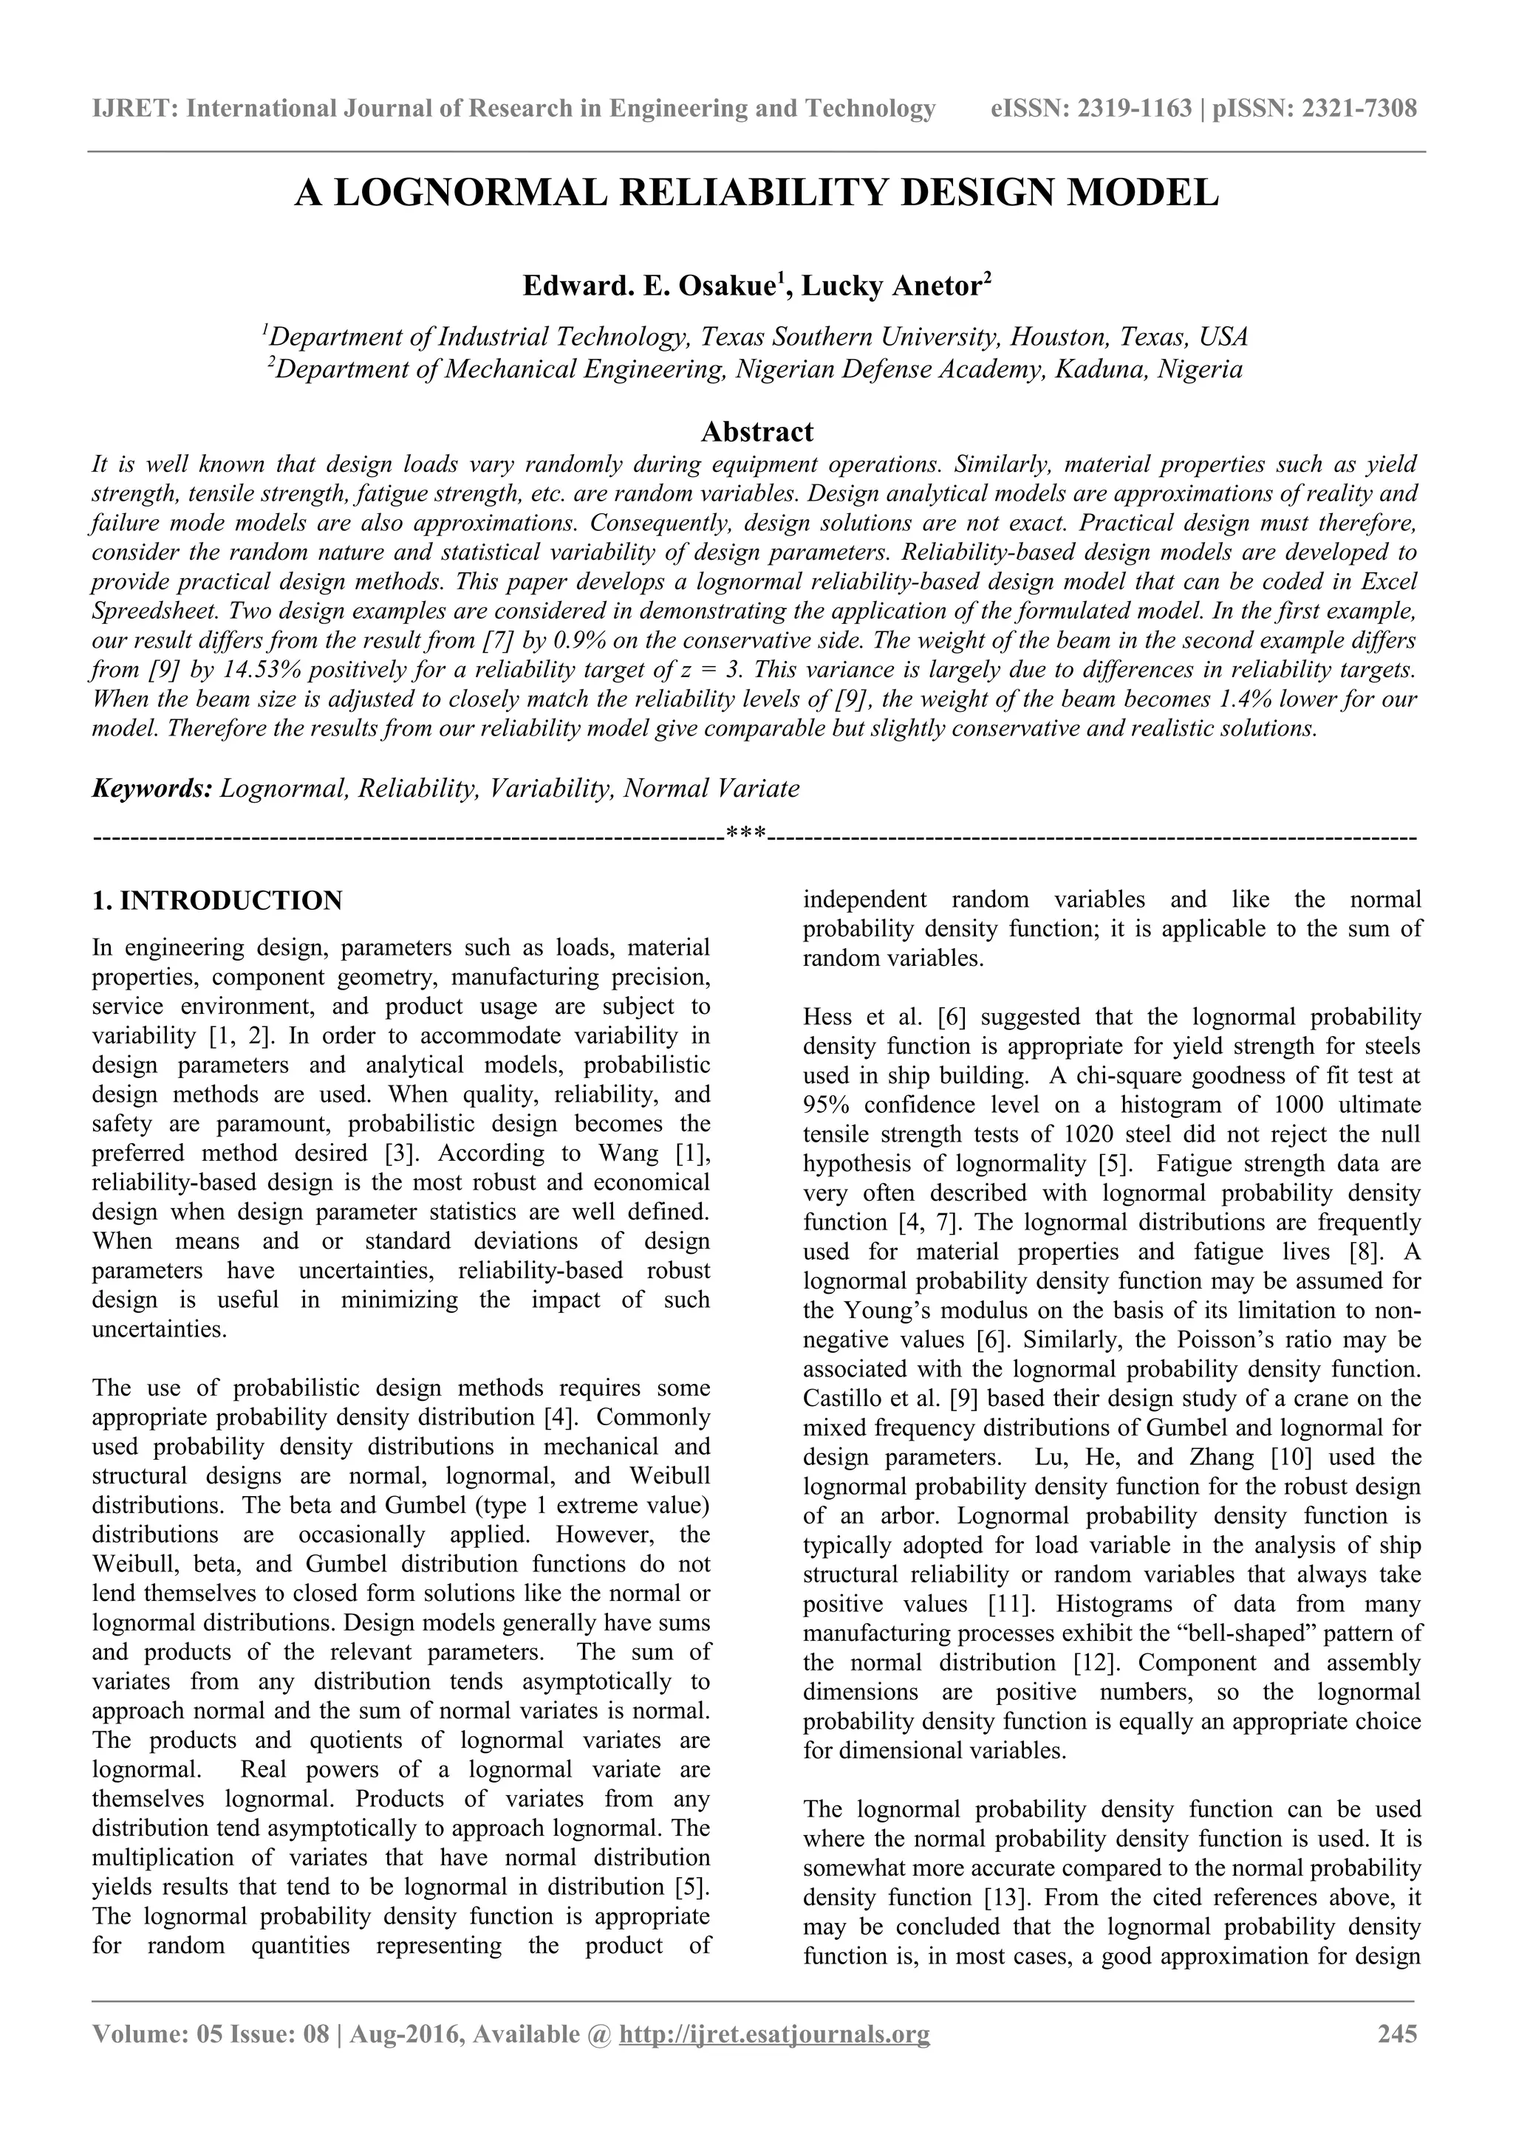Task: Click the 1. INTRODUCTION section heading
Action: click(x=217, y=900)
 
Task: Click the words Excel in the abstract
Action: click(x=1388, y=582)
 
